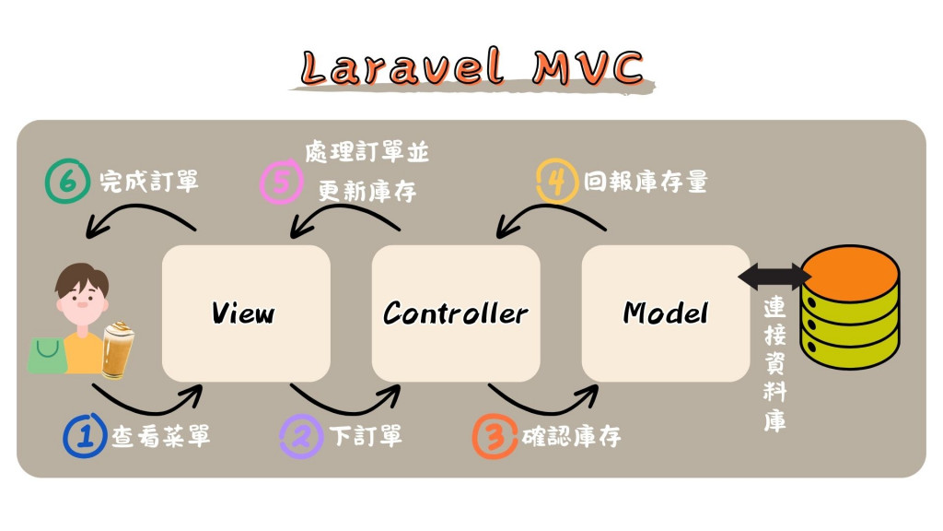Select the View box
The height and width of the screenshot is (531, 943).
coord(246,313)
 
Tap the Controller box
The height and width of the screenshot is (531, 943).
coord(456,313)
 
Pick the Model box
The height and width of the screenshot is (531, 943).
coord(666,313)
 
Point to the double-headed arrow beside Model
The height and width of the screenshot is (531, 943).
coord(774,274)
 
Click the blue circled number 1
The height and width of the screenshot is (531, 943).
coord(86,436)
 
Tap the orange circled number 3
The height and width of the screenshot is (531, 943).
coord(495,436)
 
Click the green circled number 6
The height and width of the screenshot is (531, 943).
coord(66,183)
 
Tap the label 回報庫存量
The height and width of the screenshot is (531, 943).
coord(645,182)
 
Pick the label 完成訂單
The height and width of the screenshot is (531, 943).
coord(148,182)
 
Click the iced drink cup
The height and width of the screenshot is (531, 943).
coord(117,350)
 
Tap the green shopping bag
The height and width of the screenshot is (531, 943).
coord(48,355)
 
